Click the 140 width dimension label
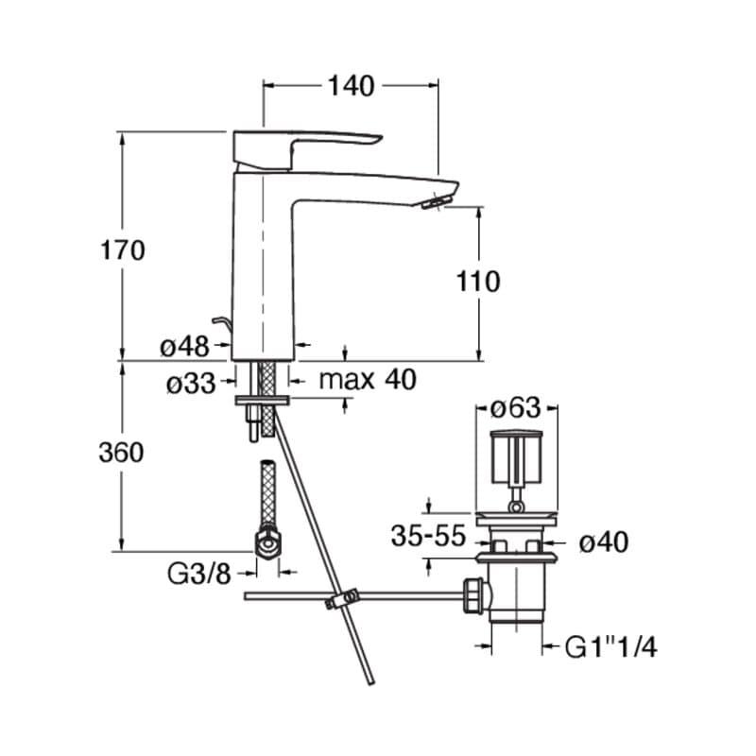(352, 86)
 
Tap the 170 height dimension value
(123, 250)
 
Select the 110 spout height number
(477, 281)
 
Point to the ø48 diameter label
(184, 347)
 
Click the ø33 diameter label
(189, 383)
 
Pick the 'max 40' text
(367, 381)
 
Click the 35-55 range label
(429, 538)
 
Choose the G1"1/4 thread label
(610, 647)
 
